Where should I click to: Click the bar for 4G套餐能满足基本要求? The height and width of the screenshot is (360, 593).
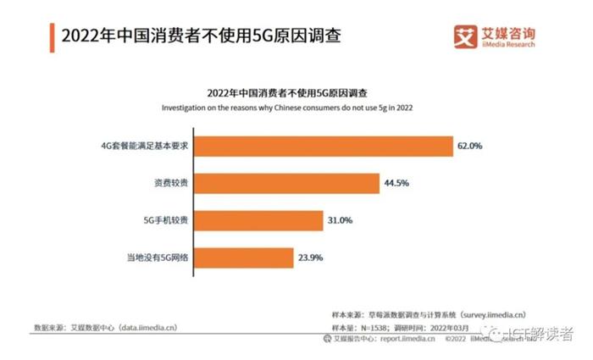(x=325, y=146)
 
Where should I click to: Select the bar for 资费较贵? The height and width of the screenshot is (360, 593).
(x=288, y=183)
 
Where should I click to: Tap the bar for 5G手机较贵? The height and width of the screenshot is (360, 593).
(x=259, y=220)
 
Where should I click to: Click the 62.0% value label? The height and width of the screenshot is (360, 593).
(x=469, y=146)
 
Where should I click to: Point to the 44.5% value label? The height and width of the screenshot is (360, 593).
(x=394, y=183)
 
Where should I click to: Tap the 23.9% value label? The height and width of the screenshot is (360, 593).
(x=307, y=258)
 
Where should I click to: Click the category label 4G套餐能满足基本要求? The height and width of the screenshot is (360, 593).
(x=148, y=146)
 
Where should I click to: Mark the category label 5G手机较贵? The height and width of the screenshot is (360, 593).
(x=166, y=220)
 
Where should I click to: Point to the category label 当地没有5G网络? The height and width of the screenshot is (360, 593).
(x=159, y=258)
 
